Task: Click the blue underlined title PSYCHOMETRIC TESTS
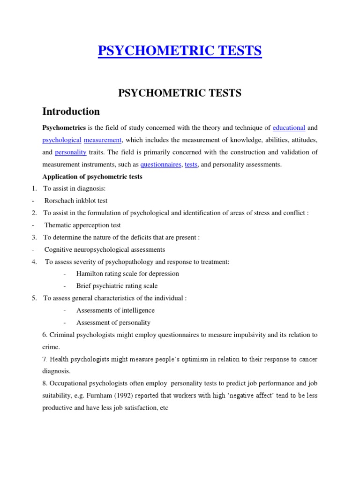tap(180, 51)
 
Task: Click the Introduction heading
tap(71, 112)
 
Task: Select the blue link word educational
tap(289, 127)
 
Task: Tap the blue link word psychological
tap(62, 140)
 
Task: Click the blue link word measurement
tap(103, 140)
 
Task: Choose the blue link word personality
tap(70, 152)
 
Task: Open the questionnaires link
tap(161, 165)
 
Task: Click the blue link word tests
tap(191, 165)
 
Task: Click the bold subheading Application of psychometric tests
tap(92, 177)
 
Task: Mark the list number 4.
tap(34, 262)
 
